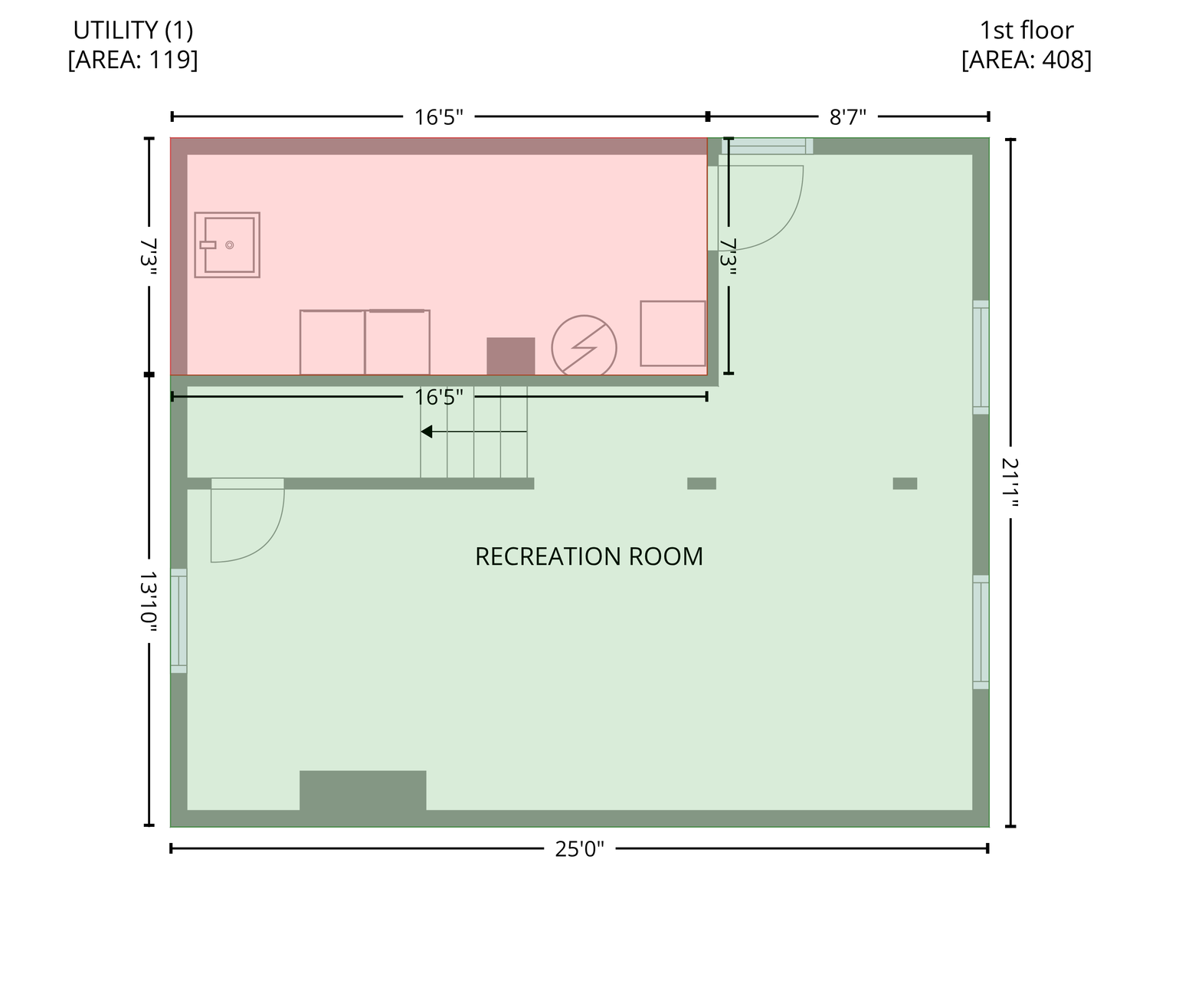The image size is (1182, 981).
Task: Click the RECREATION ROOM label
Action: pyautogui.click(x=589, y=556)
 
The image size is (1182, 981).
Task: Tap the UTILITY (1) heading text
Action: pyautogui.click(x=133, y=30)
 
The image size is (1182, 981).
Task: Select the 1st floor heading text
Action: pyautogui.click(x=1026, y=30)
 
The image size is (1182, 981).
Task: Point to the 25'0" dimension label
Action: pyautogui.click(x=580, y=849)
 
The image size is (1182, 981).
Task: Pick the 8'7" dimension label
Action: pyautogui.click(x=847, y=117)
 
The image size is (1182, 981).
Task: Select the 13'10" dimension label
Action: pyautogui.click(x=149, y=601)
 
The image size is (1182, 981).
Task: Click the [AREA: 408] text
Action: pyautogui.click(x=1026, y=60)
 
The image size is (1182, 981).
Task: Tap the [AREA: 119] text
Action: pyautogui.click(x=133, y=60)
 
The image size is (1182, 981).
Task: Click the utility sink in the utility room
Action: pyautogui.click(x=227, y=244)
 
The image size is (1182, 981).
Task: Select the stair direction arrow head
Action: pyautogui.click(x=426, y=431)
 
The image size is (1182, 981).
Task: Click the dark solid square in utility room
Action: pyautogui.click(x=511, y=356)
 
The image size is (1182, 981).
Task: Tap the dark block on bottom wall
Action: pyautogui.click(x=363, y=791)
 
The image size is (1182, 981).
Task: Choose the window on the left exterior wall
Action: pyautogui.click(x=179, y=621)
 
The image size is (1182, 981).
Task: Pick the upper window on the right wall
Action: pyautogui.click(x=981, y=357)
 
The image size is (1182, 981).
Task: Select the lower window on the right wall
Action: pyautogui.click(x=981, y=632)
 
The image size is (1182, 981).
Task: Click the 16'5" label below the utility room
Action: pyautogui.click(x=439, y=398)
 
